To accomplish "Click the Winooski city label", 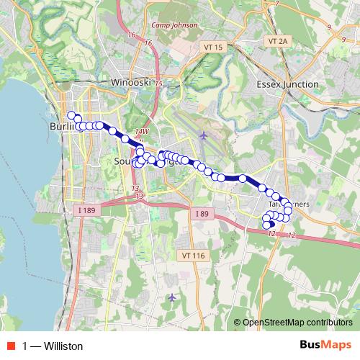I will click(130, 82).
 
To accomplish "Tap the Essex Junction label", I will click(288, 84).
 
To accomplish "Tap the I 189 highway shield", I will click(86, 210).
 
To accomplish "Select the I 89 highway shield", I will click(202, 214).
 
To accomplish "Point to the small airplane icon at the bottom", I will click(171, 297).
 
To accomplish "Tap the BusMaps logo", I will click(325, 346).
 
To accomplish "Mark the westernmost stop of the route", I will click(71, 115).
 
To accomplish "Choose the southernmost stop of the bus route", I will click(267, 225).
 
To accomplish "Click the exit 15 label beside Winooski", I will click(157, 84).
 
